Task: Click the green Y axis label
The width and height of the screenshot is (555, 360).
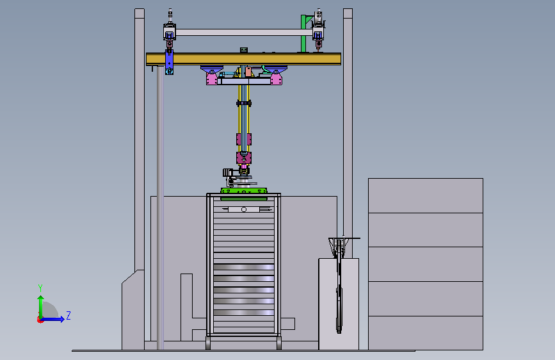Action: tap(40, 288)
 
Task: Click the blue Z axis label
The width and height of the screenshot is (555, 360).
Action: tap(68, 315)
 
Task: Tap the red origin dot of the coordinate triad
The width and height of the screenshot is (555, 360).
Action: tap(40, 320)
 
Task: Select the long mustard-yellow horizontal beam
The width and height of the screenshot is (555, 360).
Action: tap(243, 59)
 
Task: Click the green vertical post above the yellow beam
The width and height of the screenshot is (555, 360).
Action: tap(303, 34)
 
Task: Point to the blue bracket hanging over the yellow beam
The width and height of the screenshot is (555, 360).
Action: tap(169, 62)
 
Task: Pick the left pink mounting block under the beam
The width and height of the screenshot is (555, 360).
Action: tap(212, 78)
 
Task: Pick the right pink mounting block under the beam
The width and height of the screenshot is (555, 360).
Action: tap(276, 78)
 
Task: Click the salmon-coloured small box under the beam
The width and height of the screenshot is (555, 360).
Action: tap(248, 72)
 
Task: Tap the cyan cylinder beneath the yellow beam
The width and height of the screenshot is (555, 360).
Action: tap(227, 74)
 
